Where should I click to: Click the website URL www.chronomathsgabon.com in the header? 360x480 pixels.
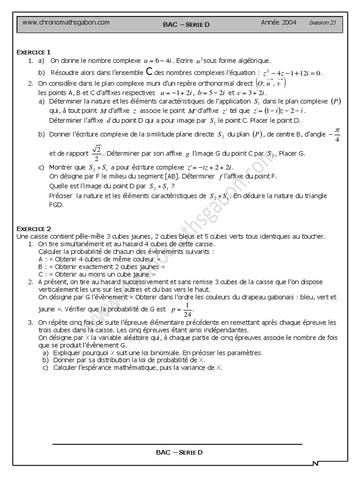point(66,22)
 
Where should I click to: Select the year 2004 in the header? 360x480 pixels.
point(278,22)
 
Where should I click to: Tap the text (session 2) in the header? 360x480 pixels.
point(322,22)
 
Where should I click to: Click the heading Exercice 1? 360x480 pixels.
point(34,52)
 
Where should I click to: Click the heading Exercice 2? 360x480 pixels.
point(34,229)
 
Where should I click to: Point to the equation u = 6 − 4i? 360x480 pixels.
point(158,60)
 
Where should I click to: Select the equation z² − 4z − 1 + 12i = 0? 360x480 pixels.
point(292,73)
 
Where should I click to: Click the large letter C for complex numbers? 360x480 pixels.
point(149,72)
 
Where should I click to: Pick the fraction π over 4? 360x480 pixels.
point(337,135)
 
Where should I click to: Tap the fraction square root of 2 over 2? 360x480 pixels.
point(96,152)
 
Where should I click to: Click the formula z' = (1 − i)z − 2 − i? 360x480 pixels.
point(279,111)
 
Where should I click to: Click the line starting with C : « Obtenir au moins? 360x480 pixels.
point(97,274)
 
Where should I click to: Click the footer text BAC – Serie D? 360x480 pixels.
point(180,452)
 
